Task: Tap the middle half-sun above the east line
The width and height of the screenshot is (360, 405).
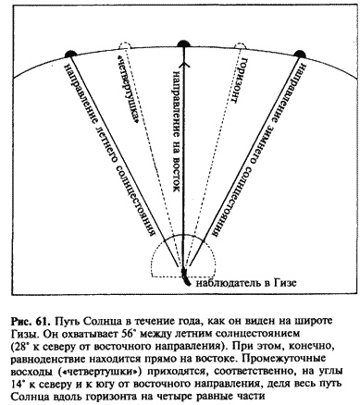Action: (x=184, y=44)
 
